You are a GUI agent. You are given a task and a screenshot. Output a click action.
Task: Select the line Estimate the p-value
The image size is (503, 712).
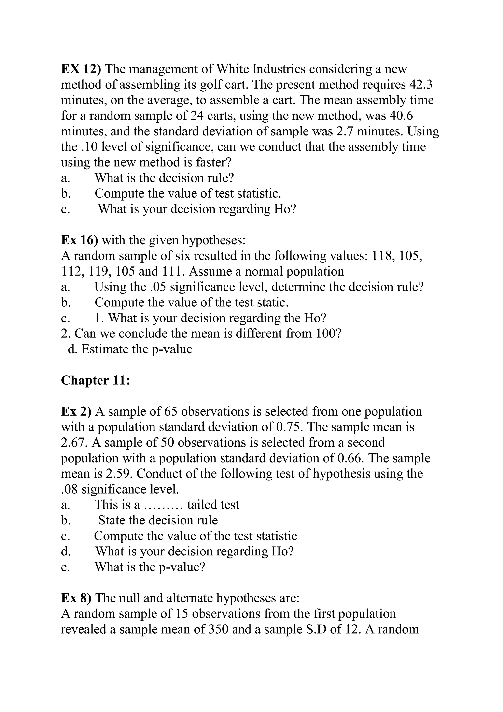click(x=130, y=349)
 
